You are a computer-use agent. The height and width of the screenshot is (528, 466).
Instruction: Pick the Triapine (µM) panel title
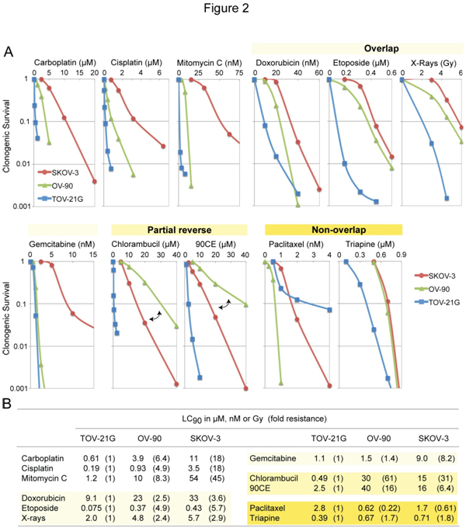point(370,243)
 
